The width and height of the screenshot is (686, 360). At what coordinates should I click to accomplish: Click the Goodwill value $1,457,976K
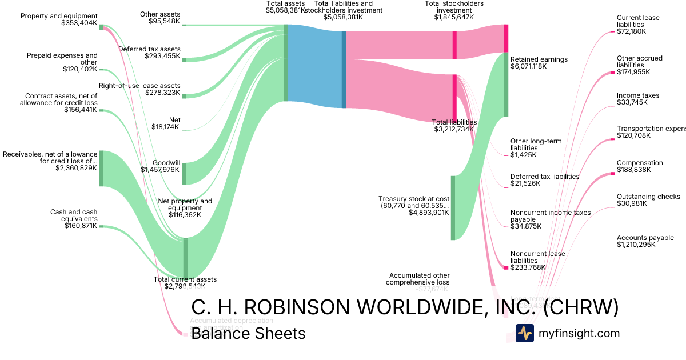pos(159,170)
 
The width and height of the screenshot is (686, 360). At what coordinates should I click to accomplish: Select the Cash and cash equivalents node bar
pos(101,226)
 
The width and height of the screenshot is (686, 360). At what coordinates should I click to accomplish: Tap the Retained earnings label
pos(539,59)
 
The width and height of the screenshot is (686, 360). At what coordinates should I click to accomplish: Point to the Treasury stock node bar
pos(453,208)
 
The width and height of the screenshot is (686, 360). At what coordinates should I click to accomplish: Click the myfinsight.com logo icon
pos(524,333)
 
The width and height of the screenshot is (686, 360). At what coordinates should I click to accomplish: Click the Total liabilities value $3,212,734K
pos(454,129)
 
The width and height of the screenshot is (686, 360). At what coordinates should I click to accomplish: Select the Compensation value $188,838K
pos(634,170)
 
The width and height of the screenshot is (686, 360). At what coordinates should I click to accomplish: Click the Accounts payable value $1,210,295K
pos(636,245)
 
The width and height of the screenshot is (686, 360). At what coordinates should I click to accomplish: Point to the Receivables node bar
pos(101,168)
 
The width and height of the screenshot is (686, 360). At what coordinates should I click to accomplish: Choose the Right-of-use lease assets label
pos(139,86)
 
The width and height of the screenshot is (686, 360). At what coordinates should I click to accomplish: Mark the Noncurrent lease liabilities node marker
pos(505,267)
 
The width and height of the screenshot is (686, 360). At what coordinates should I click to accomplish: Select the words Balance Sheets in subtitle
pos(248,333)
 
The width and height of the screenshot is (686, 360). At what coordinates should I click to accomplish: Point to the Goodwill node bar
pos(184,174)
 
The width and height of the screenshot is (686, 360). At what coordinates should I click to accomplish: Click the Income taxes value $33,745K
pos(632,102)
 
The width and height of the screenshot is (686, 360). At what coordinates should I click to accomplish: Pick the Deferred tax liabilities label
pos(544,177)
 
